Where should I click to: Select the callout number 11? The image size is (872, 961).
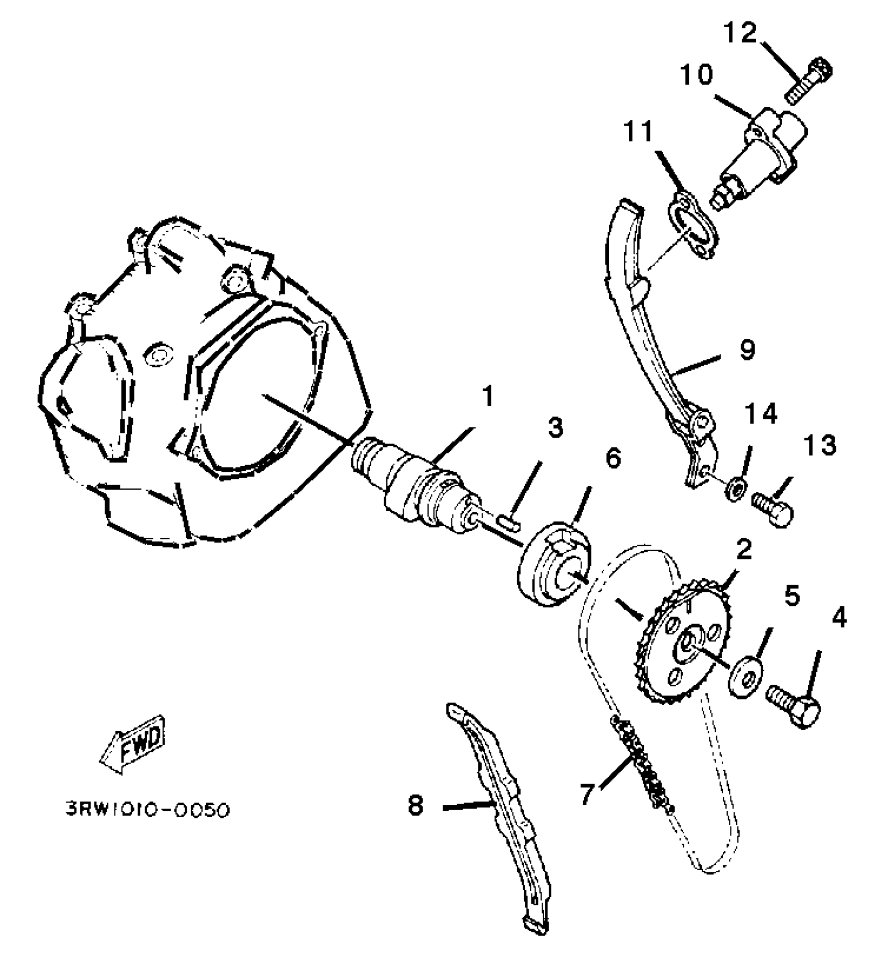(x=639, y=132)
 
